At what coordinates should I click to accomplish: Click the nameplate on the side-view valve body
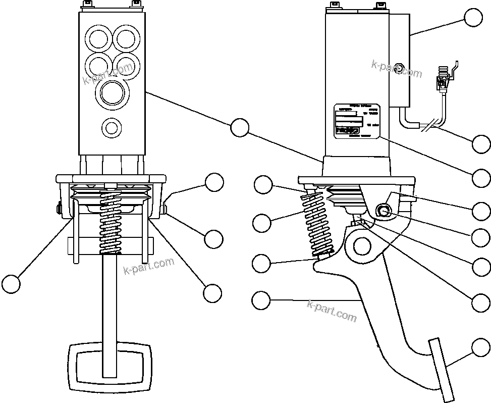click(357, 121)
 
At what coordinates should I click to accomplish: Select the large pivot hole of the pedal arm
click(362, 246)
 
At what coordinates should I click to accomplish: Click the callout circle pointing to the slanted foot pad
click(480, 348)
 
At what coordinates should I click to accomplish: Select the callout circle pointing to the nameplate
click(481, 178)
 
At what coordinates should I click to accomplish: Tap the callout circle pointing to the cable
click(481, 143)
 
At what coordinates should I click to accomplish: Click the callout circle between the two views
click(240, 127)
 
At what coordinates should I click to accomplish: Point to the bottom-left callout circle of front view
click(11, 283)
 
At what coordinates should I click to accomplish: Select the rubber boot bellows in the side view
click(344, 197)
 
